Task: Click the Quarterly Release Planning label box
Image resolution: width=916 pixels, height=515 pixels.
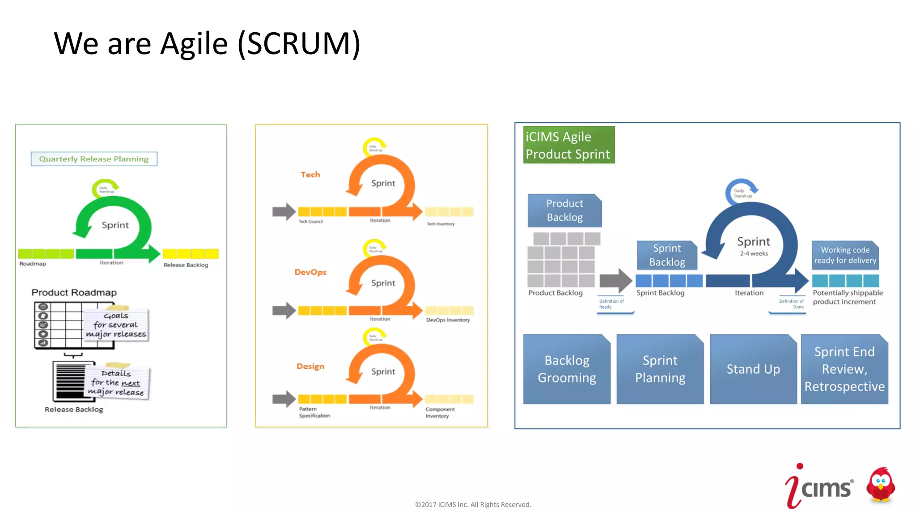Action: tap(94, 159)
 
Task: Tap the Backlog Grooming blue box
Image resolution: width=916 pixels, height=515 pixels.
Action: tap(567, 369)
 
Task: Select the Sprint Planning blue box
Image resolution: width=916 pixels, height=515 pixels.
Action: tap(660, 369)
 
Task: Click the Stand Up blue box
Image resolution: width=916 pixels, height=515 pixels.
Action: tap(753, 369)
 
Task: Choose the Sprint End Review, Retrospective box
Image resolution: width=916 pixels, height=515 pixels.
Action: tap(844, 369)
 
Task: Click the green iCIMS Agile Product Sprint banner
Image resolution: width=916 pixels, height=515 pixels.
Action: tap(568, 145)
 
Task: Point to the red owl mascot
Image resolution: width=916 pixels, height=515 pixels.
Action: tap(880, 486)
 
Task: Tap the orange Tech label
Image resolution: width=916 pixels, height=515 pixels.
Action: tap(310, 175)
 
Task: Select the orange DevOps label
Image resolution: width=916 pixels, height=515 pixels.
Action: tap(310, 272)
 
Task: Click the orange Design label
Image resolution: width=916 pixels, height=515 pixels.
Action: tap(310, 367)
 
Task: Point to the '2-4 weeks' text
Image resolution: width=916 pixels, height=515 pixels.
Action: tap(754, 253)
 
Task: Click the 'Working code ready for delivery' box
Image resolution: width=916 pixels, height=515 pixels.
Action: tap(845, 255)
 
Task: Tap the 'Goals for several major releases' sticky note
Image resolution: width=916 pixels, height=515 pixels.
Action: tap(116, 325)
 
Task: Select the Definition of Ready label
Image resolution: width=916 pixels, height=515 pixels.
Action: tap(611, 304)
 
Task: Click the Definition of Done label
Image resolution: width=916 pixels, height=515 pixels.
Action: tap(791, 304)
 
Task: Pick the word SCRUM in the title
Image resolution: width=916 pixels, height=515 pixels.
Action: tap(299, 44)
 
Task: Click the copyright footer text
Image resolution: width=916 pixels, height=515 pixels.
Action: tap(473, 505)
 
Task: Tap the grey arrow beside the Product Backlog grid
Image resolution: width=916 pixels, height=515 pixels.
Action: tap(615, 281)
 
